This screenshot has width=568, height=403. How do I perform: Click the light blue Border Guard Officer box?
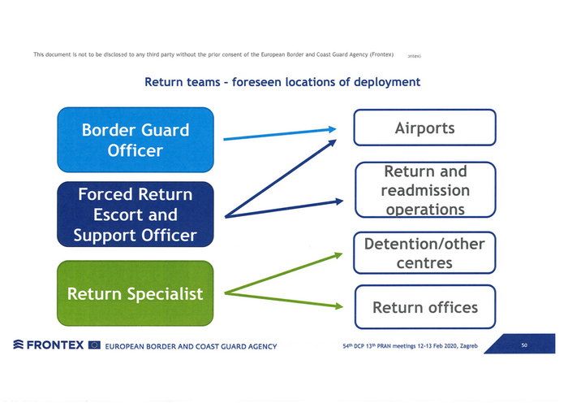click(x=135, y=140)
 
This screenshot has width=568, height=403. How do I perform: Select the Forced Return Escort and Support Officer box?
click(x=135, y=214)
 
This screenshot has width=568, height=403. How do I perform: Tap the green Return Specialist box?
click(x=135, y=293)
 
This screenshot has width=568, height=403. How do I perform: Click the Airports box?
click(x=424, y=128)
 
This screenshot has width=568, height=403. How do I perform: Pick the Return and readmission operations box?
click(x=424, y=190)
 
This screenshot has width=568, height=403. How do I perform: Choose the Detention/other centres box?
click(x=424, y=253)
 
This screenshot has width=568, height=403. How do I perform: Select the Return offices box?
click(x=424, y=307)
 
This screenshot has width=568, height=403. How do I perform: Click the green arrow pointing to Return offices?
click(x=284, y=299)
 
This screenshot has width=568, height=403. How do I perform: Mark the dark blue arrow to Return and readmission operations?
click(x=284, y=209)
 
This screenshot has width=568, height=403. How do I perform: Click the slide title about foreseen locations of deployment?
click(x=282, y=82)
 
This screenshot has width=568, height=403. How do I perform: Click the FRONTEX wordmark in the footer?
click(x=54, y=345)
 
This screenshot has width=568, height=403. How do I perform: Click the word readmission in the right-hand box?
click(x=425, y=190)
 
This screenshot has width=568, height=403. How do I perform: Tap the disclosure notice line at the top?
click(x=213, y=54)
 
